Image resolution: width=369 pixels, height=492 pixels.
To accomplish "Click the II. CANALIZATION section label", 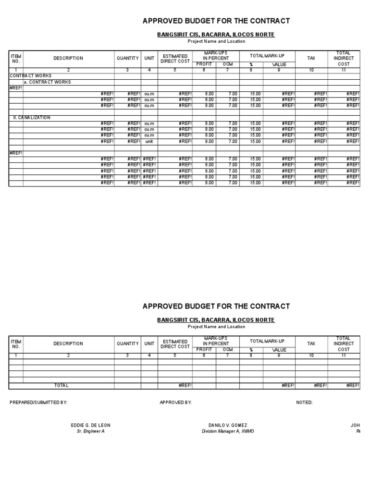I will (30, 117).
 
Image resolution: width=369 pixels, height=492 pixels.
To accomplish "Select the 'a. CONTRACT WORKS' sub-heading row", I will (47, 82).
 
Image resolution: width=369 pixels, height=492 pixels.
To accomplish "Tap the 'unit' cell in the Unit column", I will (149, 141).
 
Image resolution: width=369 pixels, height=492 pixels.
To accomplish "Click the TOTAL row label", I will (61, 385).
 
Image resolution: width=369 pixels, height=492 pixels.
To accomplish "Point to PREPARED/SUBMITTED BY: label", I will (38, 403).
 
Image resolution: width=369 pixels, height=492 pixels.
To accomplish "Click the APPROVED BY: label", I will (175, 403).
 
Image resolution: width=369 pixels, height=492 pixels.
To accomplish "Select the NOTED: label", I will (304, 403).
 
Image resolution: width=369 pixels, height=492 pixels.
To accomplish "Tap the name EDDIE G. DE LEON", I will (91, 425).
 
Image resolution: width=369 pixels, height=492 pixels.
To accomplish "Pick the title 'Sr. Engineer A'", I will (91, 431).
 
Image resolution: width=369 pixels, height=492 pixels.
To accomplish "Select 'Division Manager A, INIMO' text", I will (228, 431).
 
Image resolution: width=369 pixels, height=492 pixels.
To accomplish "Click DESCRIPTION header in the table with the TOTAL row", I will (68, 344).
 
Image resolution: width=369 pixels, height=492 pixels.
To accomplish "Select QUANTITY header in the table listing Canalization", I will (127, 58).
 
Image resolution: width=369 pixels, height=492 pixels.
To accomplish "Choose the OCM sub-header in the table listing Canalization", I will (227, 64).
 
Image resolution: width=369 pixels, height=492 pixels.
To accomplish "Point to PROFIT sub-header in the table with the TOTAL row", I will (204, 350).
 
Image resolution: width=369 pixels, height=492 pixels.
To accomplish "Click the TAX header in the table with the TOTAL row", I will (311, 344).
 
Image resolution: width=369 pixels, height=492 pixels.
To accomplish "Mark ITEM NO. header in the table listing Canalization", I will (16, 58).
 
